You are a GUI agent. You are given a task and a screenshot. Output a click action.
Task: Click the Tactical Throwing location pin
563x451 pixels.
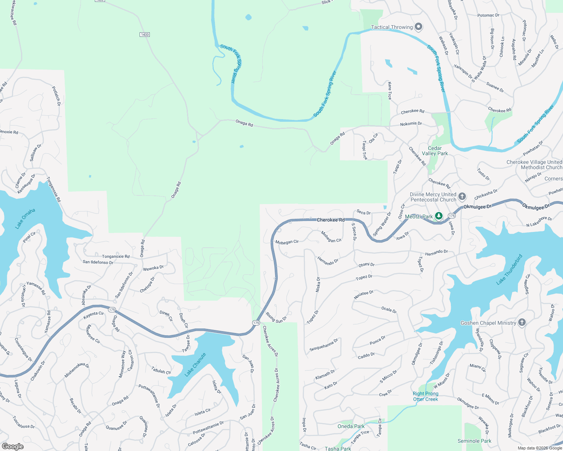point(418,27)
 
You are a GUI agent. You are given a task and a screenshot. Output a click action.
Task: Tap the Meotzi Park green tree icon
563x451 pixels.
point(438,216)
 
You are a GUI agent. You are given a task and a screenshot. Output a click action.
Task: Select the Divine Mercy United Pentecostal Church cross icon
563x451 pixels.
point(462,196)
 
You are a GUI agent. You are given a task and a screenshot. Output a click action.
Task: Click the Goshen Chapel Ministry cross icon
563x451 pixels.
point(522,322)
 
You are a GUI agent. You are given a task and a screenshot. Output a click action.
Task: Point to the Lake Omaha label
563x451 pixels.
point(25,218)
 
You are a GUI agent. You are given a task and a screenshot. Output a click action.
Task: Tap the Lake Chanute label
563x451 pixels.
point(195,365)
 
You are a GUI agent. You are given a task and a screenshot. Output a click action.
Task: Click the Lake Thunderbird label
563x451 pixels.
point(509,269)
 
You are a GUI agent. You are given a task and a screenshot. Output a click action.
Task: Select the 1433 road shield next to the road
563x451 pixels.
point(145,35)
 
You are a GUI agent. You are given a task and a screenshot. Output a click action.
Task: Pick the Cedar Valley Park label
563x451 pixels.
point(435,151)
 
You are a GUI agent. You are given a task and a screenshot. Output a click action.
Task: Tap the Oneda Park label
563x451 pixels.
point(351,426)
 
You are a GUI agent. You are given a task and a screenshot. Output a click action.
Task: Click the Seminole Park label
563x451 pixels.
point(474,441)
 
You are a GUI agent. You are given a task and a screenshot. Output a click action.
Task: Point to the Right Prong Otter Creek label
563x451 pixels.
point(426,396)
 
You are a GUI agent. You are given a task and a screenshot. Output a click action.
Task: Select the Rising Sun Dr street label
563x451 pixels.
point(276,318)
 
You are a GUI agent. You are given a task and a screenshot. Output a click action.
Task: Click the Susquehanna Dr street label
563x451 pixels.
point(324,345)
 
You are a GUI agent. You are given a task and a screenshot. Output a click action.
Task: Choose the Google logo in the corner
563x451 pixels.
point(12,446)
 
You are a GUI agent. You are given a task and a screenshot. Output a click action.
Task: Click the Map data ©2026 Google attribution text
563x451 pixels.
point(540,448)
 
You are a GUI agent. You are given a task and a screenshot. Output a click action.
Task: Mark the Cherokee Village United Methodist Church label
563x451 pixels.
point(534,165)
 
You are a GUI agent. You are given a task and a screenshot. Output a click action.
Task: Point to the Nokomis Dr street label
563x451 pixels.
point(411,124)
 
